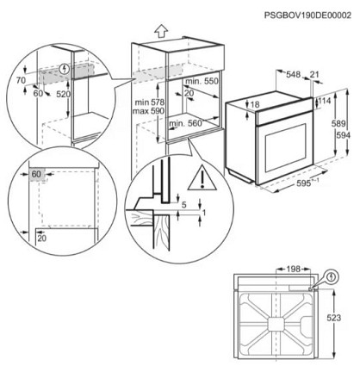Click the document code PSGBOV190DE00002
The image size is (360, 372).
[x=307, y=15]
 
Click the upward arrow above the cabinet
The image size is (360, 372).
[x=161, y=30]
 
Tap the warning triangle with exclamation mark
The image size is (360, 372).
[x=202, y=177]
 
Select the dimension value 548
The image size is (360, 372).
[x=293, y=75]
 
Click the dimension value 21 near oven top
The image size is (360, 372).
[x=314, y=75]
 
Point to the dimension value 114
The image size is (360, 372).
[x=325, y=101]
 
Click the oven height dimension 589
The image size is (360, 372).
[x=338, y=123]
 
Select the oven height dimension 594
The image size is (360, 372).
[x=343, y=135]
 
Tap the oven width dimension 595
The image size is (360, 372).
[x=304, y=183]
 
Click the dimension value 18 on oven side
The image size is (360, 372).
[x=255, y=104]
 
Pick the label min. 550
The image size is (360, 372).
[x=202, y=81]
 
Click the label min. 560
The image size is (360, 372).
[x=185, y=124]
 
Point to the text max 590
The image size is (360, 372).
[x=148, y=111]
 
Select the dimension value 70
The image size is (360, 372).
[x=21, y=81]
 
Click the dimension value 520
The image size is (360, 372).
[x=63, y=94]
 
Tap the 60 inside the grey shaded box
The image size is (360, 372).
[x=36, y=174]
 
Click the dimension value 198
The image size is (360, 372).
[x=293, y=269]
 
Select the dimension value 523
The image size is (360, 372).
[x=334, y=318]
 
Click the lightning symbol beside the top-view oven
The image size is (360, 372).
[x=332, y=276]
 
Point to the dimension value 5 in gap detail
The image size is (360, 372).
[x=184, y=205]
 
